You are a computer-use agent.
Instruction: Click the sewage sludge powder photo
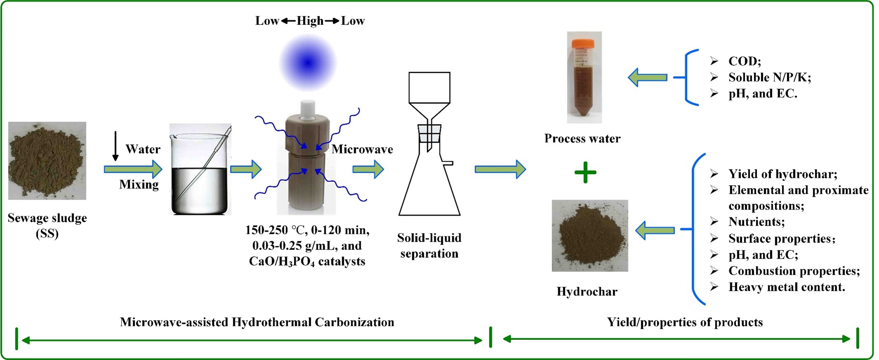pos(47,161)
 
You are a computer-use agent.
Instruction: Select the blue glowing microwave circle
pos(308,63)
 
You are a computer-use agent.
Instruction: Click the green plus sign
pos(585,172)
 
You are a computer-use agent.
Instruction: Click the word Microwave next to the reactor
pos(362,149)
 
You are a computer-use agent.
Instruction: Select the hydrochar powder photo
pos(590,235)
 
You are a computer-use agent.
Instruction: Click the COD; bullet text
pos(744,61)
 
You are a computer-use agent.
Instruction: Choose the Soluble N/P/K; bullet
pos(769,77)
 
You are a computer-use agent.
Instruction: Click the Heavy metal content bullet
pos(786,287)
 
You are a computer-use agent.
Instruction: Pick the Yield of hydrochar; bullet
pos(782,174)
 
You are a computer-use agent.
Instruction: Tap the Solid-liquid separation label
pos(429,245)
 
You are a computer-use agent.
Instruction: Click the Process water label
pos(582,139)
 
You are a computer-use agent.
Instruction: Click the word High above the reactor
pos(310,21)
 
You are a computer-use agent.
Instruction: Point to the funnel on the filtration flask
pos(429,95)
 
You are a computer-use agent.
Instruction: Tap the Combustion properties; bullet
pos(794,271)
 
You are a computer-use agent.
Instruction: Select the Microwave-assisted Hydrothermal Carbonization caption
pos(257,322)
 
